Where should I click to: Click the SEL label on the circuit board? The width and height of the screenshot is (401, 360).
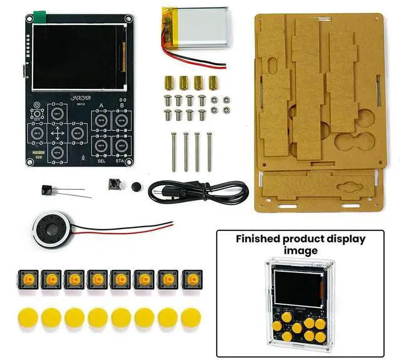click(x=101, y=160)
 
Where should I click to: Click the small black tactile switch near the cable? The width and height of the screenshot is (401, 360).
click(x=114, y=184)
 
